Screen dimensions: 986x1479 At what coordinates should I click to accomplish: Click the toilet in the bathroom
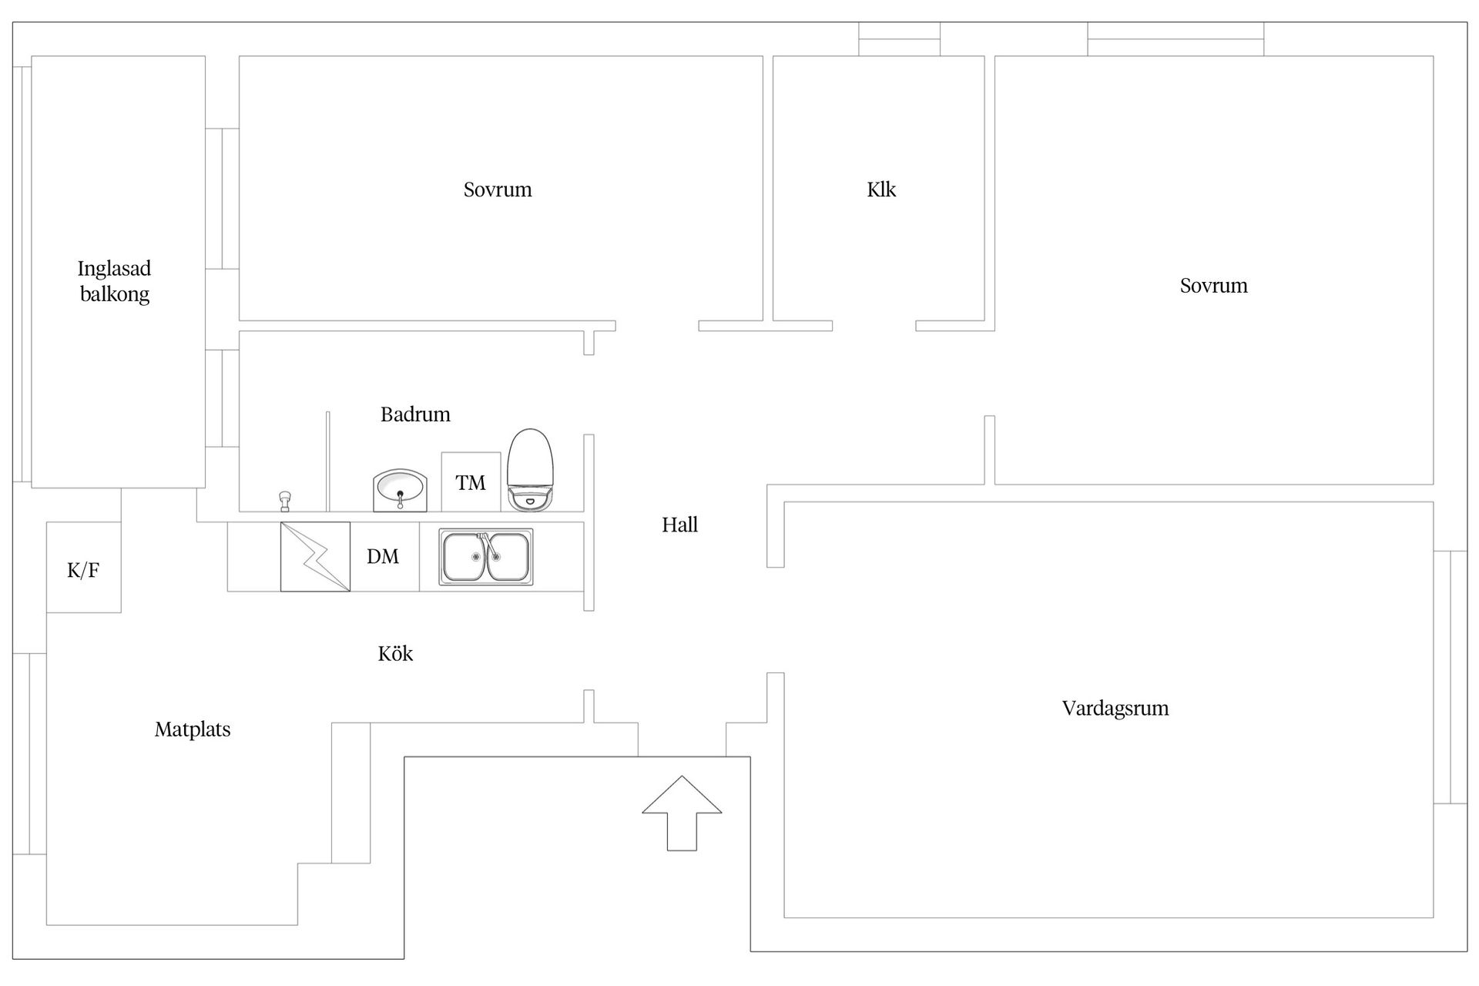(530, 470)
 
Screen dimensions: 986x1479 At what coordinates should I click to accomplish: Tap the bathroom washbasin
(400, 490)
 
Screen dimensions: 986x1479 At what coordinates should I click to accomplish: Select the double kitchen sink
(485, 556)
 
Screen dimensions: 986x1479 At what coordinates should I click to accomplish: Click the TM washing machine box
(471, 482)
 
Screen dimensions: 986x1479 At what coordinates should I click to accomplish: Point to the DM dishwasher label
(383, 556)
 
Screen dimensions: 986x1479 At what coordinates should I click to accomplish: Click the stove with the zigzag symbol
(315, 556)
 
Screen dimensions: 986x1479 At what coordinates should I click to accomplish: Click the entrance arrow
(682, 813)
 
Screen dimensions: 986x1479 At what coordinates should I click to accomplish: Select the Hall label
(679, 525)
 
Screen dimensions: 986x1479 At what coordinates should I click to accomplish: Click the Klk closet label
(881, 189)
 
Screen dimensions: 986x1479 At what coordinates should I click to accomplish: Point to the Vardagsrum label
(1115, 709)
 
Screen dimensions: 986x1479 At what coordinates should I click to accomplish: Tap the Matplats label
(193, 729)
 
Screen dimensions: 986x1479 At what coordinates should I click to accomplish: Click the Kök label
(395, 654)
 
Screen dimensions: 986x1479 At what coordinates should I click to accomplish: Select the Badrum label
(415, 414)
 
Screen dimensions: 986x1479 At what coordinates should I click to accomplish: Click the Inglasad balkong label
(115, 281)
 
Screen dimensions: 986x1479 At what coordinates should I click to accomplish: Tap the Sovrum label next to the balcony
(498, 189)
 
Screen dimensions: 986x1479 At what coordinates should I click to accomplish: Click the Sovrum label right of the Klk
(1213, 286)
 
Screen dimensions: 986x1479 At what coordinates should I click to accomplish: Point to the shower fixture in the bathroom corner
(285, 501)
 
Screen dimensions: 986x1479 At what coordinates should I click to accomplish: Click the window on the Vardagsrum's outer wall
(1450, 677)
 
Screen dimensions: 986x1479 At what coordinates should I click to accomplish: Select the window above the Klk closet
(899, 39)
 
